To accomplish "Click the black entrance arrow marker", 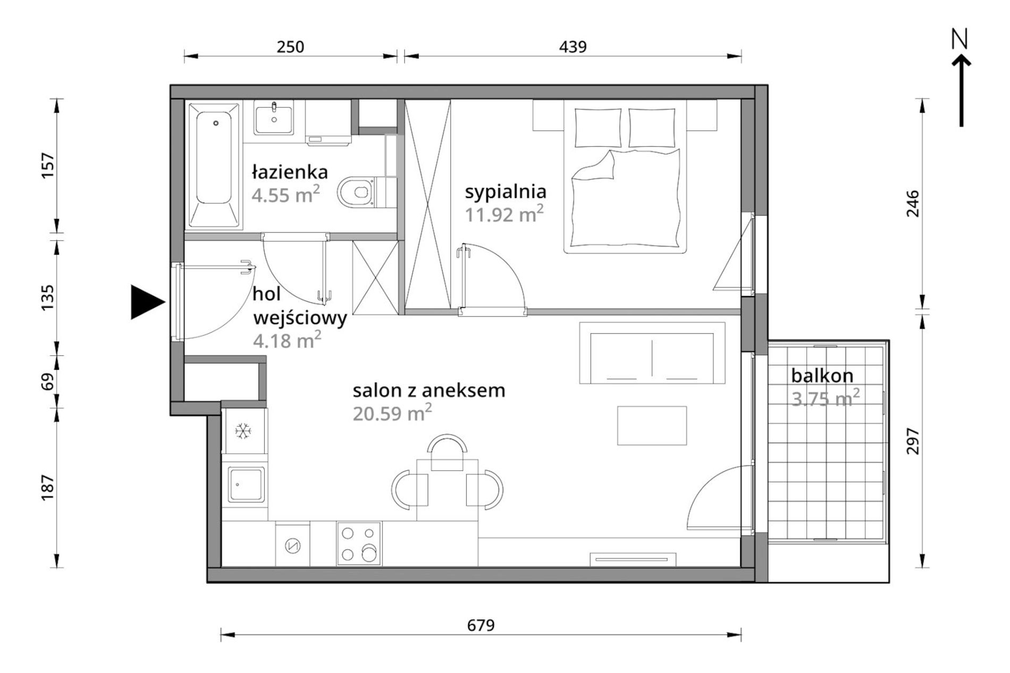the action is tap(147, 302).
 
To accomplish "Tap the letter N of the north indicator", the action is tap(959, 39).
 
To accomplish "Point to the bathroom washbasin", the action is tap(274, 118).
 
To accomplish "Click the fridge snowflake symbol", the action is tap(243, 430).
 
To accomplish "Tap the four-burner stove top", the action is tap(359, 544).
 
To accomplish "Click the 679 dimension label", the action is tap(481, 625).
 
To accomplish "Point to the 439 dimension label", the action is tap(573, 47).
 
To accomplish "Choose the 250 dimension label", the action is tap(290, 47).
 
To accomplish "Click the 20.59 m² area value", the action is tap(392, 412).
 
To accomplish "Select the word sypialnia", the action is tap(506, 192).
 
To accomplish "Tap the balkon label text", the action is tap(822, 376).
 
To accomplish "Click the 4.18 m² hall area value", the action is tap(287, 339).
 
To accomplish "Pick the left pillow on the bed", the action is tap(597, 128).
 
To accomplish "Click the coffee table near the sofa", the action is tap(652, 426).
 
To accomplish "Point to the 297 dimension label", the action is tap(912, 441).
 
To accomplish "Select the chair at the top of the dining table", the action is tap(447, 452).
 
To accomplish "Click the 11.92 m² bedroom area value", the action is tap(504, 214).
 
